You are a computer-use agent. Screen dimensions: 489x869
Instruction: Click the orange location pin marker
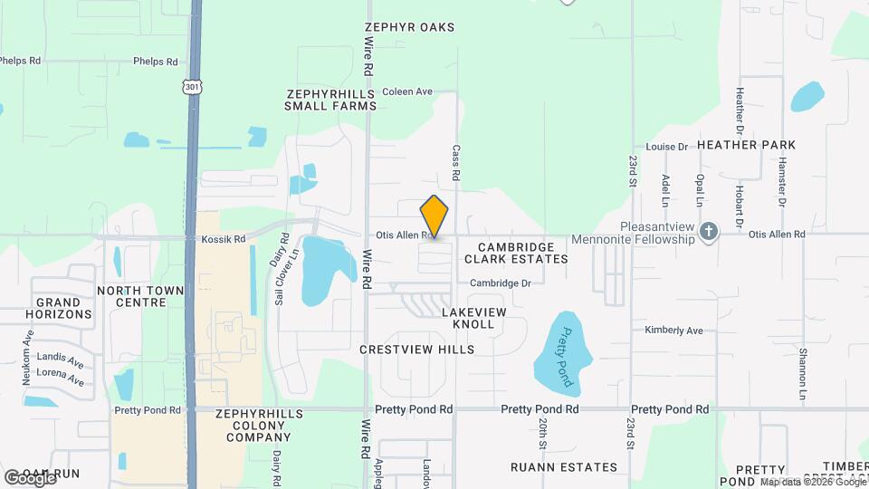pyautogui.click(x=434, y=216)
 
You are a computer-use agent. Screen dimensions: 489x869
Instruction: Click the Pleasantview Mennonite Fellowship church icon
pyautogui.click(x=709, y=233)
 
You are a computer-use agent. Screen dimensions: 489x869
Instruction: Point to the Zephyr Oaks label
pyautogui.click(x=409, y=28)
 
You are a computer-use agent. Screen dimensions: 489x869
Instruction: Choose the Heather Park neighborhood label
pyautogui.click(x=746, y=145)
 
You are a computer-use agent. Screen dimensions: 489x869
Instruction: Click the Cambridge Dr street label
pyautogui.click(x=500, y=283)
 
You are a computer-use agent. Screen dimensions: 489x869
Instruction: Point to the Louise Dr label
pyautogui.click(x=667, y=147)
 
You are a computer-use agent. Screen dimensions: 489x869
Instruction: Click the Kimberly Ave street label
pyautogui.click(x=673, y=331)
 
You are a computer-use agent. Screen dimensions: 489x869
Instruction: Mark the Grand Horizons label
pyautogui.click(x=63, y=308)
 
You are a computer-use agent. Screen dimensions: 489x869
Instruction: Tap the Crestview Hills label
pyautogui.click(x=416, y=350)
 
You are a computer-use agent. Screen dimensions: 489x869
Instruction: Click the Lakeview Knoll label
pyautogui.click(x=468, y=318)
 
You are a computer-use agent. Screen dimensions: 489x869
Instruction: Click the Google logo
pyautogui.click(x=30, y=477)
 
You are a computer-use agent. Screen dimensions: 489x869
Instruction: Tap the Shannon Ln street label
pyautogui.click(x=803, y=376)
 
